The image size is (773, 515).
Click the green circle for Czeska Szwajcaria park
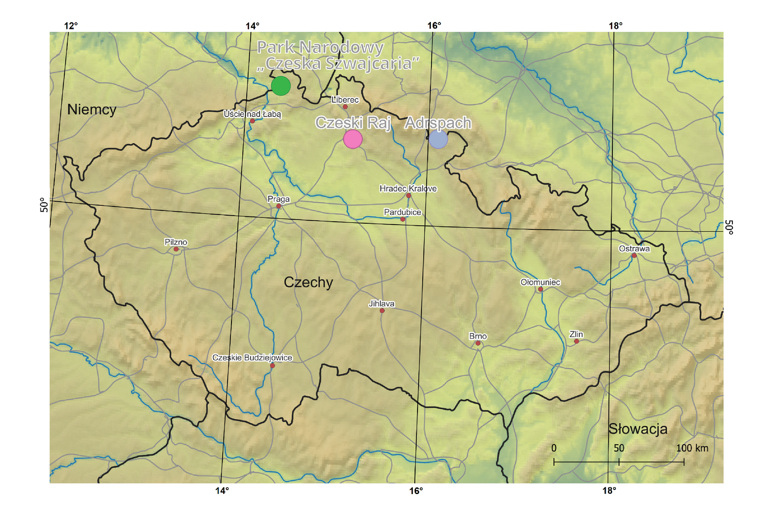281,86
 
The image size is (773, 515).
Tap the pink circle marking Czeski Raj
353,139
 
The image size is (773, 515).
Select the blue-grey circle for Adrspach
438,139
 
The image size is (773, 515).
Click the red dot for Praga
279,206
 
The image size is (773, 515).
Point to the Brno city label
478,336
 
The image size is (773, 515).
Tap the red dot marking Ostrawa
634,255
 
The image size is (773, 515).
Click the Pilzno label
176,242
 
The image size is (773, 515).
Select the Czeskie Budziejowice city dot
273,365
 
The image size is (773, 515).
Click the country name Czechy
308,282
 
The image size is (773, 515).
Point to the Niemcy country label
92,109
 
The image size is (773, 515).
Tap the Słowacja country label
637,429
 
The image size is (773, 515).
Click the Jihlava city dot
382,311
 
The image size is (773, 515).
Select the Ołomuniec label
540,282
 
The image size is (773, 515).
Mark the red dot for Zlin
577,341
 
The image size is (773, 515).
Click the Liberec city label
345,100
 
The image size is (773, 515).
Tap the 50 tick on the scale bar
619,448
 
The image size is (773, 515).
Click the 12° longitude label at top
71,26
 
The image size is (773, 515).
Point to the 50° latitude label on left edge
44,205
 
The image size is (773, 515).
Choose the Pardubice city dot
403,219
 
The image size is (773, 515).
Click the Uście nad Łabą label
252,114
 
